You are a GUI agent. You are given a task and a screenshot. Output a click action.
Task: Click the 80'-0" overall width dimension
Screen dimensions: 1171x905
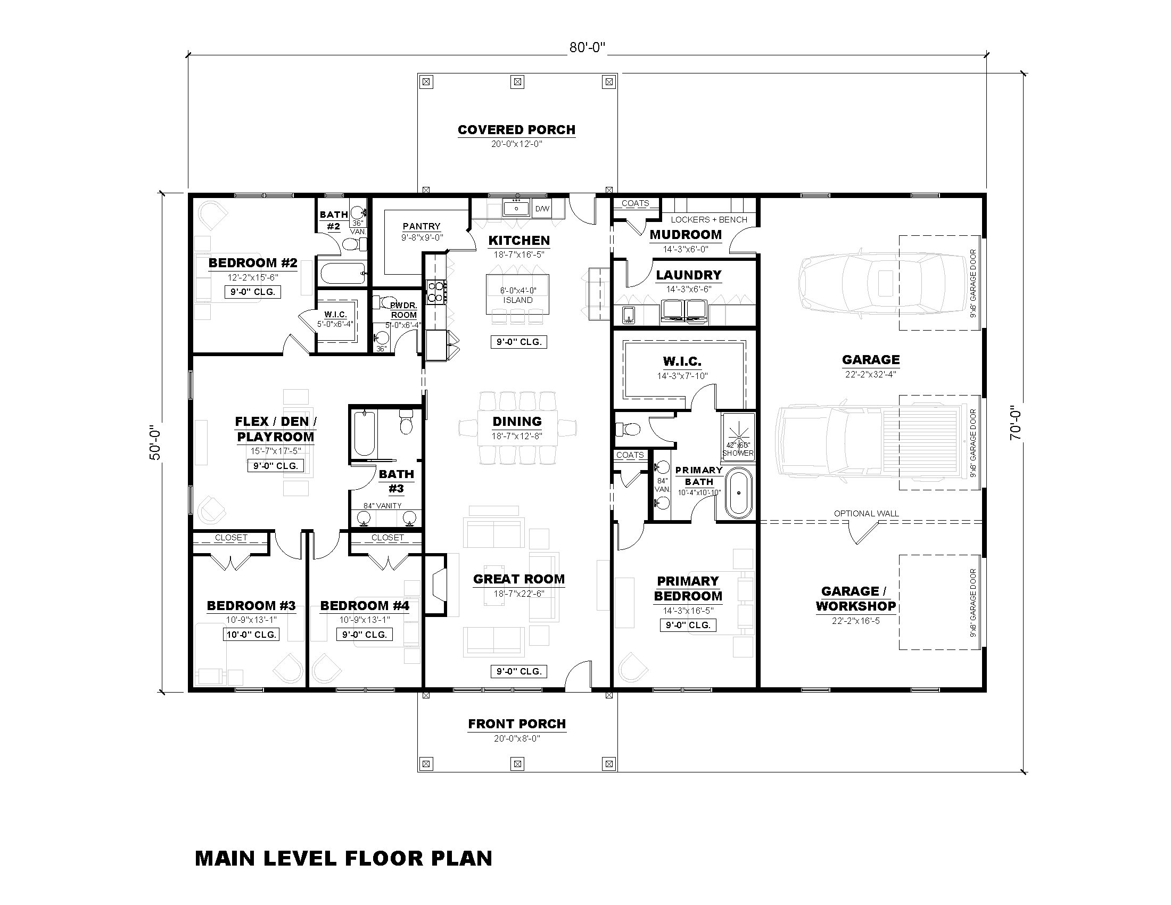click(587, 48)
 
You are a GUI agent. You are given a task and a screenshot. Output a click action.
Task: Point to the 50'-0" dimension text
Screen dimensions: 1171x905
click(155, 443)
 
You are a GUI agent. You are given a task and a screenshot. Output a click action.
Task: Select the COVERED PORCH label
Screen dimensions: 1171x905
click(516, 130)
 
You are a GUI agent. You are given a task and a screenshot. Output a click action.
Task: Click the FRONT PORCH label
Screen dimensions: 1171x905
click(517, 724)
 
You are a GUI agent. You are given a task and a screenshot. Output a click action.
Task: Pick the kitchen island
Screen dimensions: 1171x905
click(517, 294)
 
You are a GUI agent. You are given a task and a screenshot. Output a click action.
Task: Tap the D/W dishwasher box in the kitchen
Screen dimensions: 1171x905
click(542, 209)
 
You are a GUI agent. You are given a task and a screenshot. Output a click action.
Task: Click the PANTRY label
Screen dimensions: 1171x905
click(422, 226)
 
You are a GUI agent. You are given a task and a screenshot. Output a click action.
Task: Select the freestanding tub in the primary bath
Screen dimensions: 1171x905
click(739, 493)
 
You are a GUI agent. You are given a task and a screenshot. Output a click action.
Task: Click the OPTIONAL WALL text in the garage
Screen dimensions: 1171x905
click(866, 513)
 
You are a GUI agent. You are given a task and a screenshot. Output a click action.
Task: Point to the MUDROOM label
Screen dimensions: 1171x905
click(686, 235)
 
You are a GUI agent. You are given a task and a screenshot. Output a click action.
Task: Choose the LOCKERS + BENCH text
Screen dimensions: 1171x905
click(709, 219)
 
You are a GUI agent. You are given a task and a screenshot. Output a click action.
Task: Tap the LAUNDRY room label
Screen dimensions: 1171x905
click(688, 275)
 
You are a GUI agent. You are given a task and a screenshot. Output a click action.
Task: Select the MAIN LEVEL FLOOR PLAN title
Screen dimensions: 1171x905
click(344, 858)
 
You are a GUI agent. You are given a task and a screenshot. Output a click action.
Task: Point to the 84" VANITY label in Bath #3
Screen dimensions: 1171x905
click(382, 506)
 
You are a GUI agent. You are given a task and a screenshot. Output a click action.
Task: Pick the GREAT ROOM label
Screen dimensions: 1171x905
click(518, 579)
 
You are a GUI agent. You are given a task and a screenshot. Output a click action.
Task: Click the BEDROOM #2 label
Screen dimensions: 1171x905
click(252, 262)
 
